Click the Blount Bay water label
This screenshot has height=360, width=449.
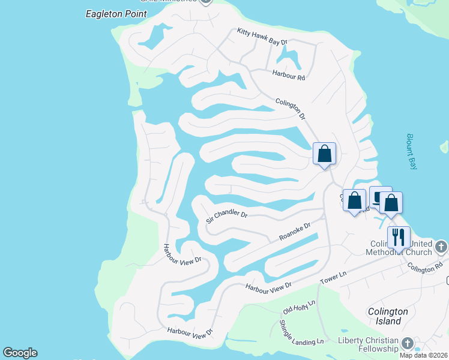pyautogui.click(x=411, y=152)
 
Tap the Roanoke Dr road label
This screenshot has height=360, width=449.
pyautogui.click(x=295, y=232)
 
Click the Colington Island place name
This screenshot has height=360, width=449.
pyautogui.click(x=388, y=316)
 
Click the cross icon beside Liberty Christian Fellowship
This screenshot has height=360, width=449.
pyautogui.click(x=408, y=343)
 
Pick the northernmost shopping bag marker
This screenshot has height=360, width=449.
pyautogui.click(x=324, y=153)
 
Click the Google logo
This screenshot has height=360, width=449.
pyautogui.click(x=20, y=353)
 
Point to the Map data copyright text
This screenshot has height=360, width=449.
pyautogui.click(x=423, y=355)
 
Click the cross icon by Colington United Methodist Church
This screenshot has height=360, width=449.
pyautogui.click(x=441, y=247)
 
